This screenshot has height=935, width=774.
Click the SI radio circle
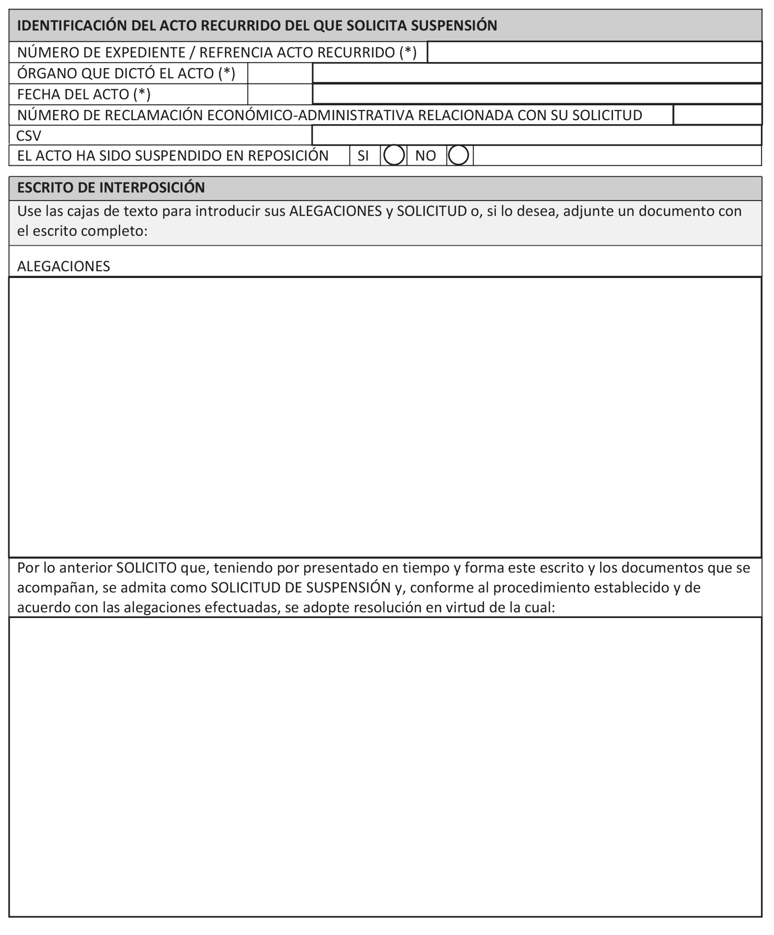click(x=394, y=156)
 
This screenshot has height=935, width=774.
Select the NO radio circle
click(x=458, y=156)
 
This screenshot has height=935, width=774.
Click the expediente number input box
click(x=594, y=52)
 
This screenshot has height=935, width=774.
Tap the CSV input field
click(x=536, y=135)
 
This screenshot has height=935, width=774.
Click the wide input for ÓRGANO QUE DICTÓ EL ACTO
click(x=537, y=73)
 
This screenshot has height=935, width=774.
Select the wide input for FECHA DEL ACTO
click(x=537, y=94)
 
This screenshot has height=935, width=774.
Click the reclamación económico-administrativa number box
click(x=717, y=115)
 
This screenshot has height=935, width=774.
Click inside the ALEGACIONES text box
click(x=385, y=417)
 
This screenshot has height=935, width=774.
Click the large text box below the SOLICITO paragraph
click(x=385, y=766)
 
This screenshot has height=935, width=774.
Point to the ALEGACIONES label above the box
click(x=64, y=266)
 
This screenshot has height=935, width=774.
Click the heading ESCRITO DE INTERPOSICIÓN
click(x=111, y=188)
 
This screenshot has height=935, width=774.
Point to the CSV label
click(x=28, y=136)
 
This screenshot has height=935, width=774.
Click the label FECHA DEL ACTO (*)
click(x=84, y=94)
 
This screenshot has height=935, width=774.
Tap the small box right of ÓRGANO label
click(x=280, y=73)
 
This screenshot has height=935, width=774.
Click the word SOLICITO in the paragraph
click(x=140, y=568)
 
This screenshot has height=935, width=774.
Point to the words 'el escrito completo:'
click(x=82, y=231)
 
